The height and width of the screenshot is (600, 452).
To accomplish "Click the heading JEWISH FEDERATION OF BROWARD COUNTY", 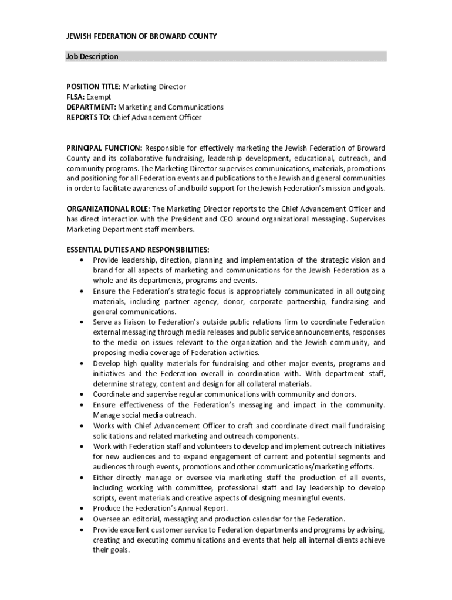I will [x=141, y=36].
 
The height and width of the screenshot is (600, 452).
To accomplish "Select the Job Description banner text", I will [x=92, y=57].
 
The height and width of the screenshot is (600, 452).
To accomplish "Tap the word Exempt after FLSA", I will [x=99, y=97].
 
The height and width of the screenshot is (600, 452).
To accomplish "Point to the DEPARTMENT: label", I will [x=91, y=107].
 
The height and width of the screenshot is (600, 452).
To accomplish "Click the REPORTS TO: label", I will [x=89, y=117].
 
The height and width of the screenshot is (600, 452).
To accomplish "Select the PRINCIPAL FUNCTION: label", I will [x=104, y=148].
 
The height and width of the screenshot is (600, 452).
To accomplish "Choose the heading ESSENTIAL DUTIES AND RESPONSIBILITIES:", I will [x=137, y=250].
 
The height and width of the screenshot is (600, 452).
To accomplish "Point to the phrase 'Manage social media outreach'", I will [x=144, y=415].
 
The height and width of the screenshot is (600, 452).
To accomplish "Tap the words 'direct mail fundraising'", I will [x=344, y=426].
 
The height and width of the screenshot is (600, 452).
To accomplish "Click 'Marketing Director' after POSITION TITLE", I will [x=158, y=87].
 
